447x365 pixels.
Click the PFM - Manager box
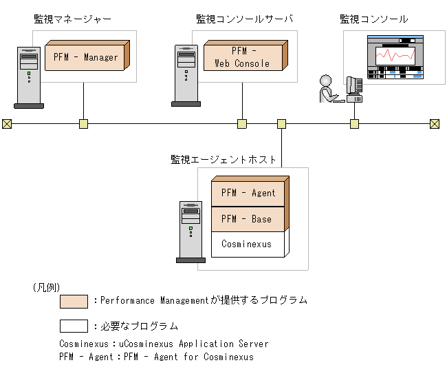click(85, 56)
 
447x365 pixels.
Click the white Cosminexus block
click(246, 244)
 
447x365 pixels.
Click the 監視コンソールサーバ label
click(244, 19)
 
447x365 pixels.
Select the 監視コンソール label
click(373, 19)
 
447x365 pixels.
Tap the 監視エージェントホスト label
click(223, 159)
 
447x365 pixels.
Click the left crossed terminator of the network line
click(7, 124)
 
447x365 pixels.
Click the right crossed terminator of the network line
click(434, 124)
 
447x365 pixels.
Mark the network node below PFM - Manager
click(83, 124)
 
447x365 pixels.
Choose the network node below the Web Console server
click(242, 124)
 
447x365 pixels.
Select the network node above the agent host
click(281, 124)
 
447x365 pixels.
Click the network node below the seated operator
click(354, 124)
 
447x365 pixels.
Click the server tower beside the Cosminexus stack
click(190, 231)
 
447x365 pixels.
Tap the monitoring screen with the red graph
click(397, 59)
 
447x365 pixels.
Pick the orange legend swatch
click(74, 302)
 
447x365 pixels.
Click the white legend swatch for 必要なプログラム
click(74, 326)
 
